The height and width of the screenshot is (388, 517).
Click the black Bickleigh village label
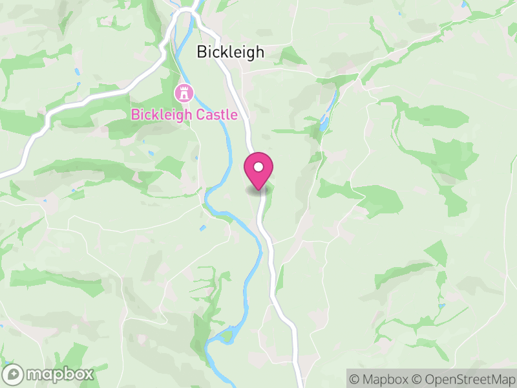coord(230,52)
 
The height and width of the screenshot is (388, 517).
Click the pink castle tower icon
coord(184,92)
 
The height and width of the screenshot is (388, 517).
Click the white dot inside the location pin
coord(258,167)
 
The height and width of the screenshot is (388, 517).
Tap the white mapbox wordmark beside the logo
coord(59,374)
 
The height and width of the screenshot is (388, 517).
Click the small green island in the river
coord(226,336)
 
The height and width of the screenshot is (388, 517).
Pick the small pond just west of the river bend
coord(202,228)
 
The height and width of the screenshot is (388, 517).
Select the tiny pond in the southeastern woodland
coord(441,305)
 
